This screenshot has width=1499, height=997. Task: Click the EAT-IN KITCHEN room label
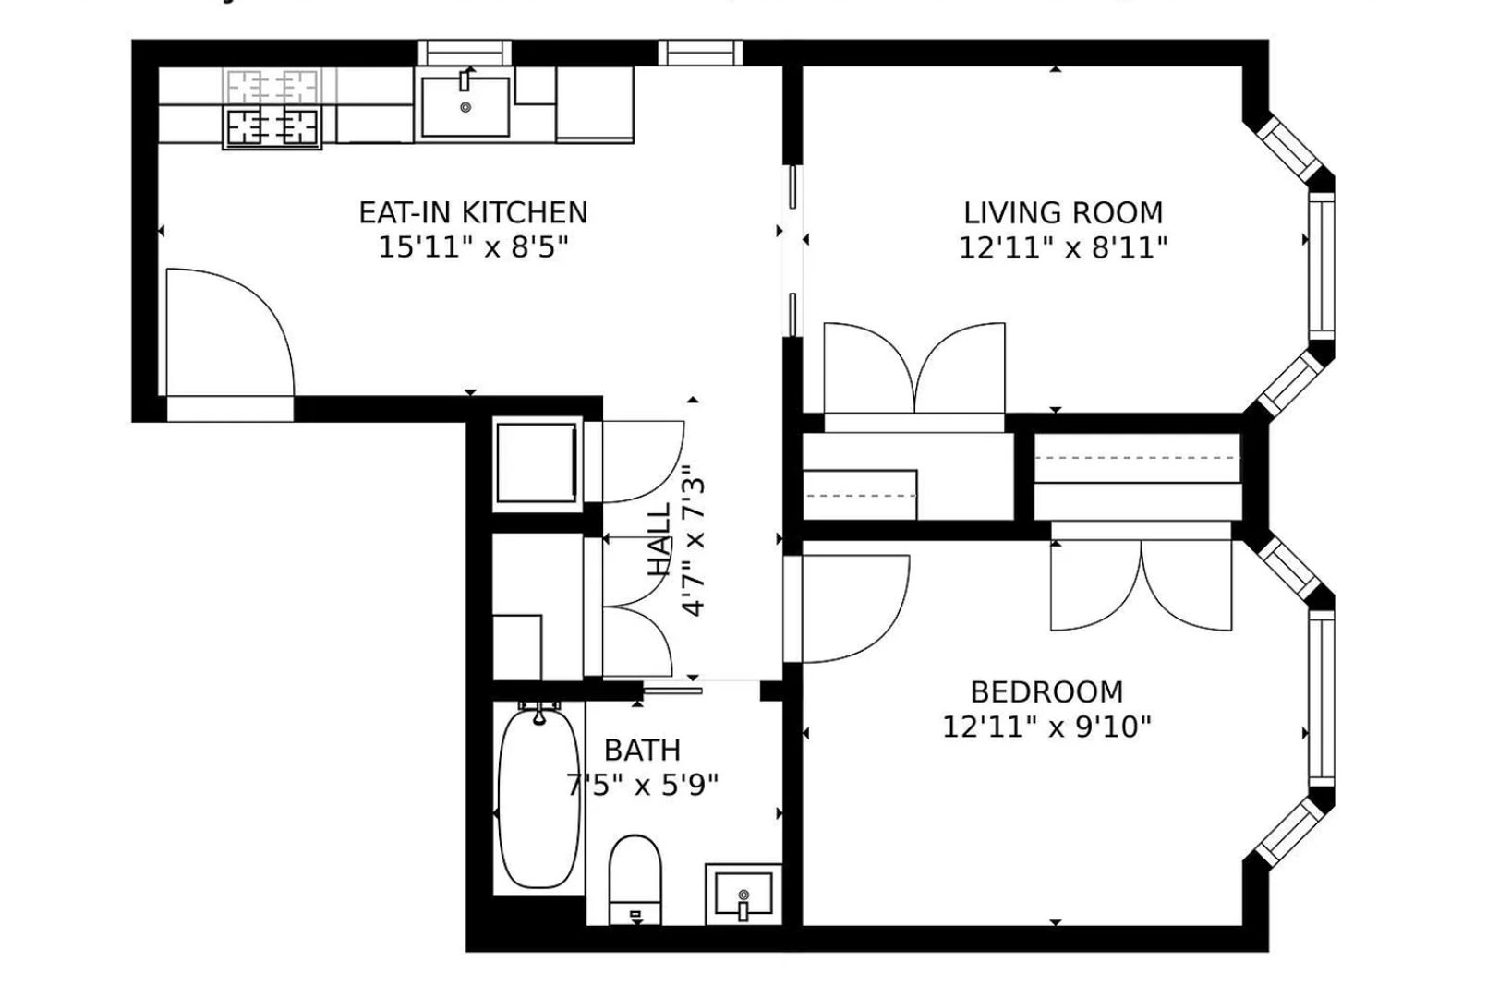473,212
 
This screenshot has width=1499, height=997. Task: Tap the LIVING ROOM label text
1063,213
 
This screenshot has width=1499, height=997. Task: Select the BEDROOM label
1046,691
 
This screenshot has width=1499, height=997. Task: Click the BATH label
642,750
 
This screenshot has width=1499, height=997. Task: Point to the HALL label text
659,541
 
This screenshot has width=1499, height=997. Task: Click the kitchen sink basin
465,107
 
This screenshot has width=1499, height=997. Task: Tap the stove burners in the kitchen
272,126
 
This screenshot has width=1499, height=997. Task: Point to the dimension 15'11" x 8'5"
472,247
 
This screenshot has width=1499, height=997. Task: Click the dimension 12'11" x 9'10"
1046,727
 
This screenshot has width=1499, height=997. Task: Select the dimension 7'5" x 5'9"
642,786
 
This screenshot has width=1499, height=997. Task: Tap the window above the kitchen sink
465,53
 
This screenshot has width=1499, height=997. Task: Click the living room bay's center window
1322,266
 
